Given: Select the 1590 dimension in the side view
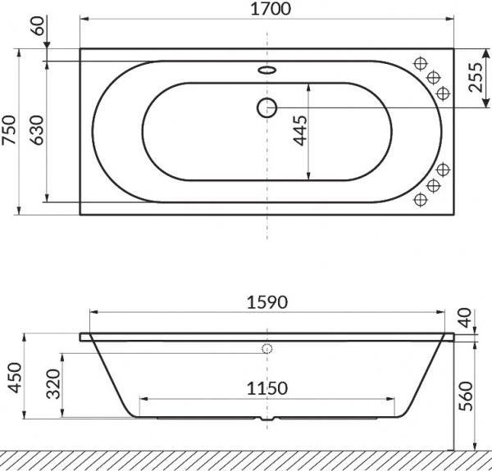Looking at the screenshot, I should pos(267,302).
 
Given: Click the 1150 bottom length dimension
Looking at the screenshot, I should pos(267,388).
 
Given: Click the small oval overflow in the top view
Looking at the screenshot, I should pos(267,70).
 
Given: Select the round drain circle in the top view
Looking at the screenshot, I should pos(267,106).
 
